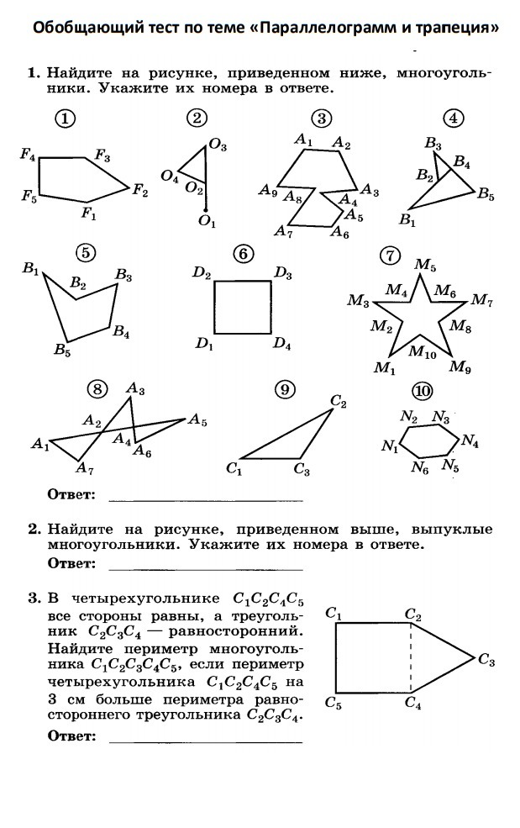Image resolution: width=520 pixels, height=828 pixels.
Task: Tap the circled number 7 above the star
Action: pyautogui.click(x=389, y=255)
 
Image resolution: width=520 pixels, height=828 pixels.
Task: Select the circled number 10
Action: pyautogui.click(x=423, y=391)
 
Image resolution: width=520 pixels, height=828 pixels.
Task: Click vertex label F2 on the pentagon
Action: pyautogui.click(x=139, y=191)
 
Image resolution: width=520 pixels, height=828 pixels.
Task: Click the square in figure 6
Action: pyautogui.click(x=242, y=309)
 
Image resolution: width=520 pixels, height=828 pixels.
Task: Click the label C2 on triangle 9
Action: pyautogui.click(x=339, y=403)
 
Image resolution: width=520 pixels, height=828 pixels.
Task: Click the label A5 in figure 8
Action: pyautogui.click(x=197, y=419)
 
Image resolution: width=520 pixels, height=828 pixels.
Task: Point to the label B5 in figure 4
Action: pyautogui.click(x=486, y=195)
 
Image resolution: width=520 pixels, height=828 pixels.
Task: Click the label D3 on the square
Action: pyautogui.click(x=283, y=273)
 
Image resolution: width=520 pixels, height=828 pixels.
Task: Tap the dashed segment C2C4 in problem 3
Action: pyautogui.click(x=411, y=658)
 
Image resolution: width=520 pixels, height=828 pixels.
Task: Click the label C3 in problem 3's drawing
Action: pyautogui.click(x=486, y=662)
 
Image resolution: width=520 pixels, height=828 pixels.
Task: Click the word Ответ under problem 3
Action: pyautogui.click(x=71, y=737)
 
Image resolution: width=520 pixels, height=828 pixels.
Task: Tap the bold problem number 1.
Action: pyautogui.click(x=34, y=74)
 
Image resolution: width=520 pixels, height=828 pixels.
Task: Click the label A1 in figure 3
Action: pyautogui.click(x=303, y=141)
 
